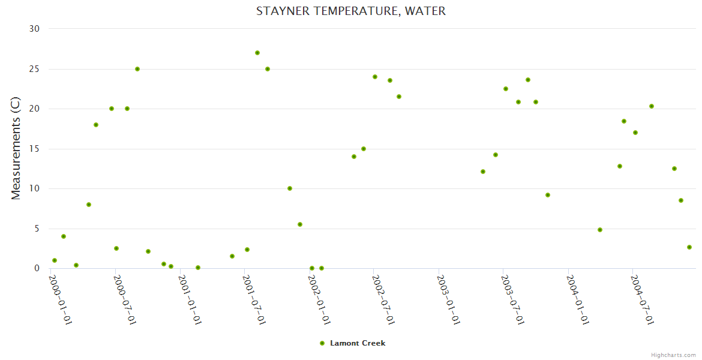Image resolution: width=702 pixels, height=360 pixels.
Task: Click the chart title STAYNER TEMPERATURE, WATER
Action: tap(351, 11)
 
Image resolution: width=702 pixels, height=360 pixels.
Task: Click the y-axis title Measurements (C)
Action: tap(16, 149)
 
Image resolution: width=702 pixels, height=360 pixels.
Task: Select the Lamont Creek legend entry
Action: tap(357, 343)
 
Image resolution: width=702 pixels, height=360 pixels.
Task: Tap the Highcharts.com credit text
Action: tap(673, 355)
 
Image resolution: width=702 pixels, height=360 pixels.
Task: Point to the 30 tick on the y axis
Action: tap(34, 29)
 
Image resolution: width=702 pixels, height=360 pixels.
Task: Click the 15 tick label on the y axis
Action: tap(34, 149)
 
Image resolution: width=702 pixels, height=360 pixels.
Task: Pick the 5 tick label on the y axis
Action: tap(37, 229)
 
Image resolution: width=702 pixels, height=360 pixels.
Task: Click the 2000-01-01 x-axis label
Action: tap(60, 299)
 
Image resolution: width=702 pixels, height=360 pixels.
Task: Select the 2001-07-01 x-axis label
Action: tap(254, 299)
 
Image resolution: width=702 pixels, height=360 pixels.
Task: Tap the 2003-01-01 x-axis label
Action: tap(448, 299)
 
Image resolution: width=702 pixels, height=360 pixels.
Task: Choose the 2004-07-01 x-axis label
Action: tap(642, 299)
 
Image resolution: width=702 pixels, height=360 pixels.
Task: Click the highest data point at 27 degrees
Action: tap(257, 53)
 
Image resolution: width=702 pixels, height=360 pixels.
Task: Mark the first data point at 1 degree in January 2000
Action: tap(55, 260)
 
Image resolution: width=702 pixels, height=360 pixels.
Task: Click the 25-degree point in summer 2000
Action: tap(137, 69)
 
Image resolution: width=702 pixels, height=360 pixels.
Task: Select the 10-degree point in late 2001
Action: tap(290, 188)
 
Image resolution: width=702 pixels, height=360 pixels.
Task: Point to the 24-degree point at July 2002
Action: tap(375, 77)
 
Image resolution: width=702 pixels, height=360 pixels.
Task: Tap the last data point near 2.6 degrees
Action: tap(689, 247)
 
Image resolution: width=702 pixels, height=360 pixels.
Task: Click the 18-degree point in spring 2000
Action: tap(96, 125)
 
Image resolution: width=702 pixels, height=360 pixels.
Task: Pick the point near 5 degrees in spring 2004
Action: tap(600, 230)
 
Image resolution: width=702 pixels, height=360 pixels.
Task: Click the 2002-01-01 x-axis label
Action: tap(319, 299)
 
